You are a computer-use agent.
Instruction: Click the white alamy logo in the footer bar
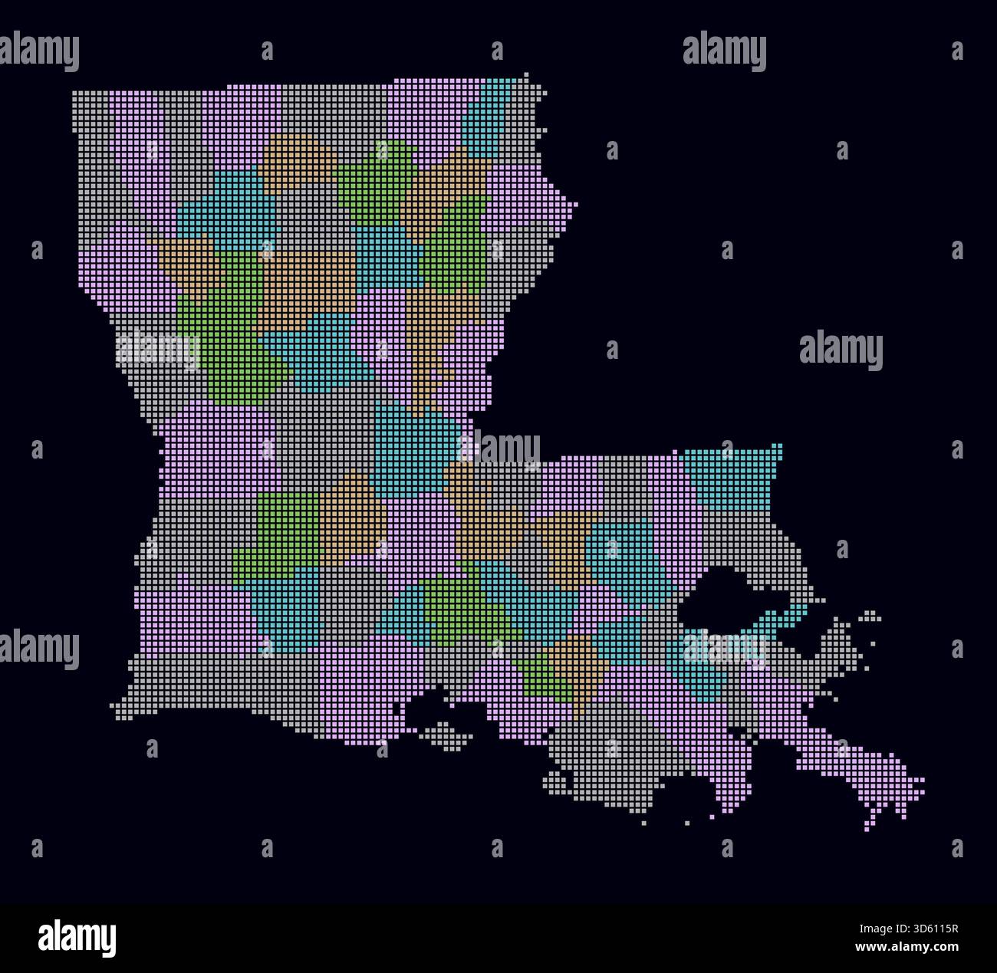[x=77, y=938]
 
